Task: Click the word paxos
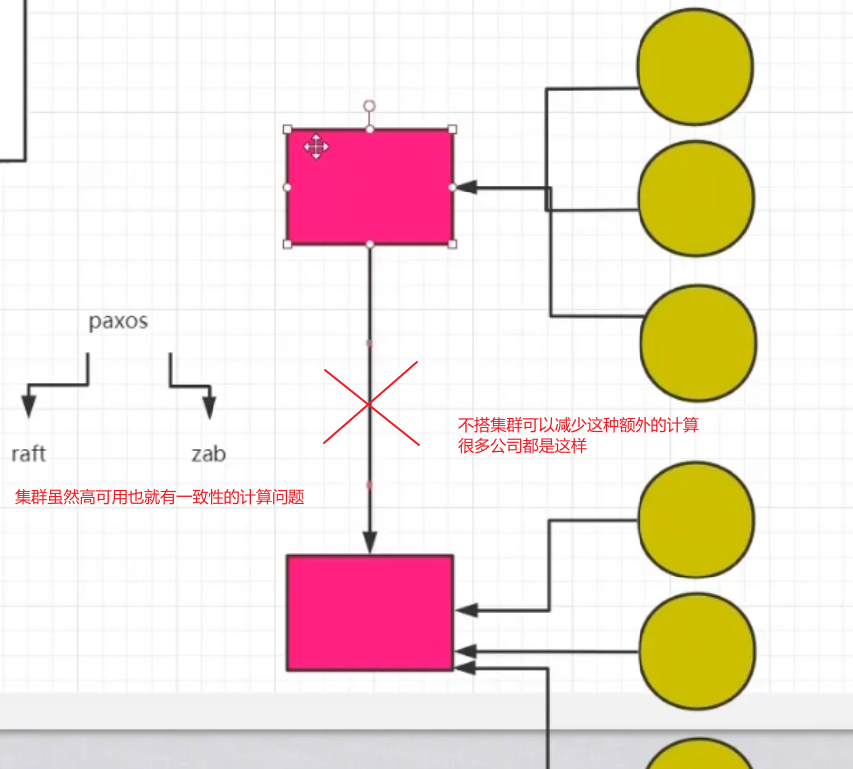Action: (118, 322)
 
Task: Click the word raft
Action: (29, 454)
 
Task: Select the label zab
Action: (209, 454)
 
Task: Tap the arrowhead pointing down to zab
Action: (209, 406)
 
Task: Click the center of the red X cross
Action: (369, 404)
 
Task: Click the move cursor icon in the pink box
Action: (316, 147)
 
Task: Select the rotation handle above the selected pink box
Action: (369, 105)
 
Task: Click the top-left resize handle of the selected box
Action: (288, 129)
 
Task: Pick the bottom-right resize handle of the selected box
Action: (452, 243)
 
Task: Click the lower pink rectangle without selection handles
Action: (370, 611)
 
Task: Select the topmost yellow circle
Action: (695, 65)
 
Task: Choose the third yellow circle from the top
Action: (697, 342)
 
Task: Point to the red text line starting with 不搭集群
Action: (578, 425)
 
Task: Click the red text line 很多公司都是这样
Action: (522, 446)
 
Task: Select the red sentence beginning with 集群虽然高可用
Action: (160, 497)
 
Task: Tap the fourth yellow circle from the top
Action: (695, 519)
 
